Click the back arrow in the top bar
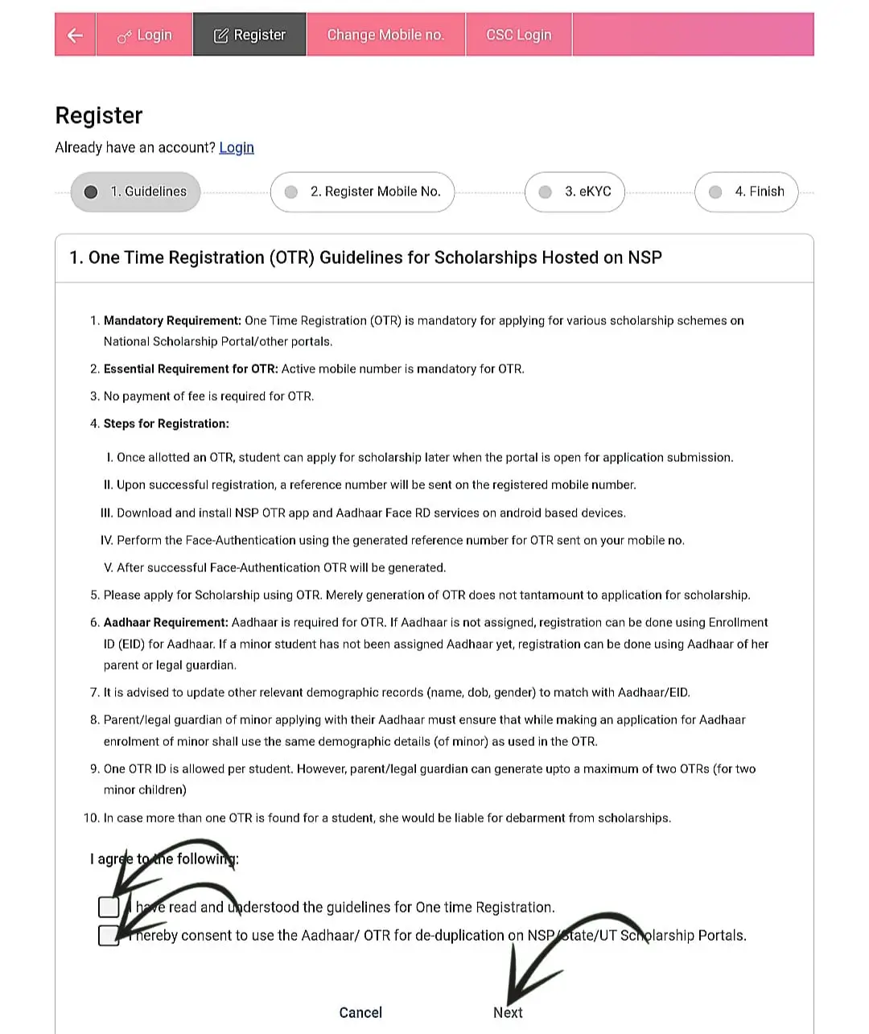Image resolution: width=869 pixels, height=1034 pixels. pyautogui.click(x=75, y=35)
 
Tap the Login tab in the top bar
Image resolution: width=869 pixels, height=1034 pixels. pyautogui.click(x=145, y=35)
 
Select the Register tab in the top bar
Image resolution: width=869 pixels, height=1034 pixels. pyautogui.click(x=249, y=35)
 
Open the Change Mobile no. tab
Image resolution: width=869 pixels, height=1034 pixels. pyautogui.click(x=385, y=35)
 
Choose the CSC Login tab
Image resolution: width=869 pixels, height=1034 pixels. pyautogui.click(x=519, y=35)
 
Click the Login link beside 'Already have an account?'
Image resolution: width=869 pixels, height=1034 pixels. pyautogui.click(x=237, y=147)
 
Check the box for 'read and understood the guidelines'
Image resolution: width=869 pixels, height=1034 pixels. pyautogui.click(x=109, y=907)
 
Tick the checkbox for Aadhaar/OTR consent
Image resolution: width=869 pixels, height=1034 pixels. pyautogui.click(x=109, y=935)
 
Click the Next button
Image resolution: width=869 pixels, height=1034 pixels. pyautogui.click(x=508, y=1012)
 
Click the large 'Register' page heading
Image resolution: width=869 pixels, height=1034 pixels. pyautogui.click(x=99, y=116)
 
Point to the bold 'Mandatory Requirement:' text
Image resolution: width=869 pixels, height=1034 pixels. pyautogui.click(x=172, y=320)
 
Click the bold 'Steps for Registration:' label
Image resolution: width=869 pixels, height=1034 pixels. pyautogui.click(x=166, y=423)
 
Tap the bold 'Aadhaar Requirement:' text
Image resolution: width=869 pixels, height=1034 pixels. pyautogui.click(x=166, y=622)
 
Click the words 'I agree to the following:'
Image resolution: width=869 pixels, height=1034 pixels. pyautogui.click(x=164, y=859)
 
